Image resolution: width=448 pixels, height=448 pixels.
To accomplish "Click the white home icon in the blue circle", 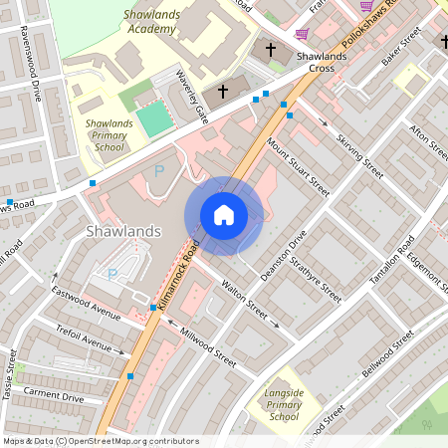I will [x=224, y=215].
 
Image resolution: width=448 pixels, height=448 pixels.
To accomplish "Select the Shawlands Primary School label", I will [x=103, y=135].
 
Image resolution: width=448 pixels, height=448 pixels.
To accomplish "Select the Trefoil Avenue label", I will [x=84, y=343].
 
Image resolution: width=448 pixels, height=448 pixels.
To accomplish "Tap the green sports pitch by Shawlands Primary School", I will [x=154, y=118].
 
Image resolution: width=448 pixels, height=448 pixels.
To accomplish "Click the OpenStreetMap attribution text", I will [x=101, y=440].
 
